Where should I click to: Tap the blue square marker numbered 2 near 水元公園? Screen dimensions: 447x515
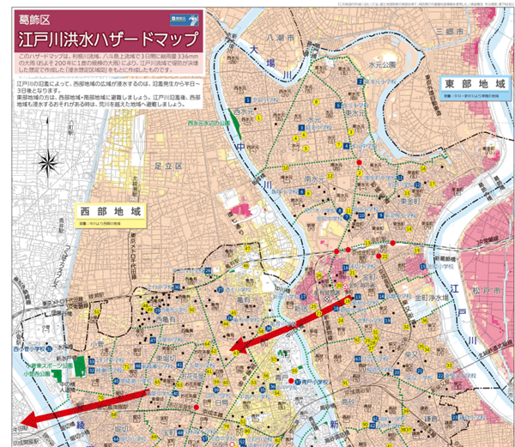374,83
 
